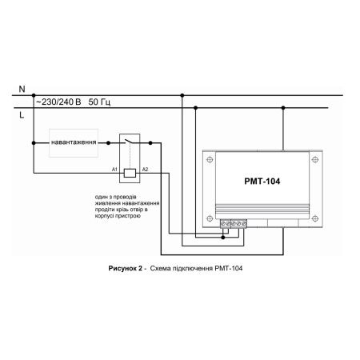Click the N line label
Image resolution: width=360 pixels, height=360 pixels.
pos(22,89)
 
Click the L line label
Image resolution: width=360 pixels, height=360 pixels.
pos(22,115)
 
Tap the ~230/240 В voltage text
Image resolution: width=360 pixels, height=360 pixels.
pos(58,102)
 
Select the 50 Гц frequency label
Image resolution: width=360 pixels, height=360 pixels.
pos(99,102)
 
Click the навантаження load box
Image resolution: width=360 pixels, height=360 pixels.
pos(74,143)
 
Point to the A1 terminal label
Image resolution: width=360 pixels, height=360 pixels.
pos(114,170)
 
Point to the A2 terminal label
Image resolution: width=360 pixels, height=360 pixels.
pos(145,170)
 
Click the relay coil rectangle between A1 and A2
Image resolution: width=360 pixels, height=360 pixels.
pos(130,173)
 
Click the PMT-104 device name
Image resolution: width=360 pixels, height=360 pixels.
pos(262,182)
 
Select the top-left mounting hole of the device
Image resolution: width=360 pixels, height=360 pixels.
pos(210,159)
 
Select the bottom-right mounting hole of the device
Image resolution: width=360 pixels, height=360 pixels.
pos(315,218)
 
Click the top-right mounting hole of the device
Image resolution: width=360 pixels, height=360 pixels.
pos(315,159)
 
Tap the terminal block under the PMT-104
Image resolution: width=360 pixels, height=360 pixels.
pos(234,224)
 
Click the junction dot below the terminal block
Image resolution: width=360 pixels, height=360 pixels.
pos(223,238)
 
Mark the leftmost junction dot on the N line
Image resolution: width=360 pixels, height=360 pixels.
pos(34,95)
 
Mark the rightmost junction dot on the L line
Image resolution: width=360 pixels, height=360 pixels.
pos(283,108)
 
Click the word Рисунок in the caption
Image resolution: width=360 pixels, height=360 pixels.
pos(126,268)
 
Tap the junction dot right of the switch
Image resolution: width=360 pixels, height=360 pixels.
pos(150,143)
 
